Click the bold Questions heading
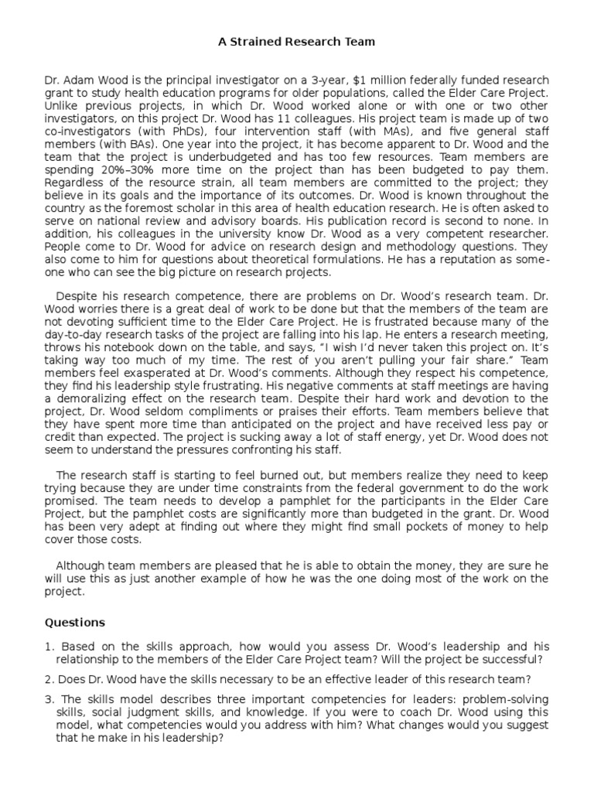pyautogui.click(x=74, y=622)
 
